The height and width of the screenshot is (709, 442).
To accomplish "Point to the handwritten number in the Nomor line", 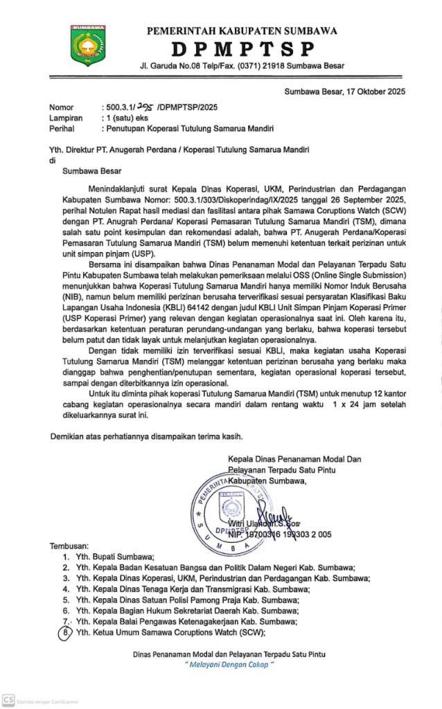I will (x=146, y=107).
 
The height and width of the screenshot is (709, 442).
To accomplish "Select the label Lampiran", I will (x=65, y=118).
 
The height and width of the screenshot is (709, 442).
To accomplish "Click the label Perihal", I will (x=62, y=128).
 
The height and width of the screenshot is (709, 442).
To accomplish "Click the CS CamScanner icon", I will (x=8, y=700).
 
